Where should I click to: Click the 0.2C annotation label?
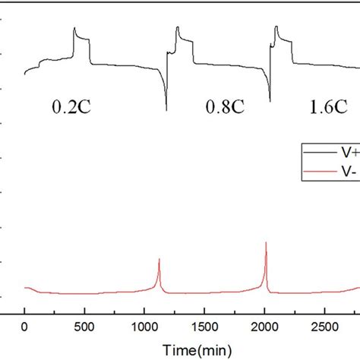tap(73, 108)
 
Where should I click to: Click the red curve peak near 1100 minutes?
tap(159, 260)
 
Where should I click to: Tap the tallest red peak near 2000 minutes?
tap(266, 243)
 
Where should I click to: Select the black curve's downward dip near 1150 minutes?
tap(166, 109)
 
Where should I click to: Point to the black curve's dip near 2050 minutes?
tap(270, 99)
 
